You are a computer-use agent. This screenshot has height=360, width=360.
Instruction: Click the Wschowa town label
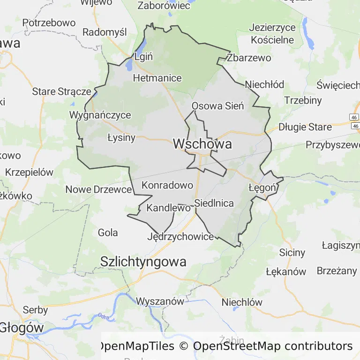click(x=202, y=144)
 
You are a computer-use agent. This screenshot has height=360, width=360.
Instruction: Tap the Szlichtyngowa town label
click(x=143, y=262)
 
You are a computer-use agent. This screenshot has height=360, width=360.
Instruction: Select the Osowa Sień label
click(x=218, y=106)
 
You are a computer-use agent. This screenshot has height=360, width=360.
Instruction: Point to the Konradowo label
click(x=167, y=185)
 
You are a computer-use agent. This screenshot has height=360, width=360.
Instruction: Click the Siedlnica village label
click(x=214, y=203)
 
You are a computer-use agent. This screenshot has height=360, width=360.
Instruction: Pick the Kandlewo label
click(x=169, y=207)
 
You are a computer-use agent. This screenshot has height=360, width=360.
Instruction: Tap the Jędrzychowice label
click(x=180, y=237)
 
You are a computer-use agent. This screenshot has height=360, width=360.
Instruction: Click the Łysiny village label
click(x=121, y=137)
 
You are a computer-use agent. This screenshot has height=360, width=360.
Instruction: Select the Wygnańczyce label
click(x=100, y=115)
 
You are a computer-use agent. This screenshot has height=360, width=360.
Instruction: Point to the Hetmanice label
click(x=157, y=78)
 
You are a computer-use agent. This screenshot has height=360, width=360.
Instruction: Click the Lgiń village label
click(x=143, y=57)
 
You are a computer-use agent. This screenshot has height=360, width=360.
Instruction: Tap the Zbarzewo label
click(x=248, y=58)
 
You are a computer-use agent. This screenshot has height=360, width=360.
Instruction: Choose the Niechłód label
click(x=265, y=85)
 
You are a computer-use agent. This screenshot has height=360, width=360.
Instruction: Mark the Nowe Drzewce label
click(x=98, y=189)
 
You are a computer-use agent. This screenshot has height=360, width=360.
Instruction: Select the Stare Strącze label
click(x=61, y=91)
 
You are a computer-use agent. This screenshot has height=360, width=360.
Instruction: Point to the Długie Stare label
click(x=305, y=127)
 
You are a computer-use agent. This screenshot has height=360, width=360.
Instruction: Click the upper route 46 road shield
click(x=354, y=117)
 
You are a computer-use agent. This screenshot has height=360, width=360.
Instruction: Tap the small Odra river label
click(x=104, y=316)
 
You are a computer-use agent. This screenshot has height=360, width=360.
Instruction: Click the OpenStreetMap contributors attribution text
click(x=272, y=346)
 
